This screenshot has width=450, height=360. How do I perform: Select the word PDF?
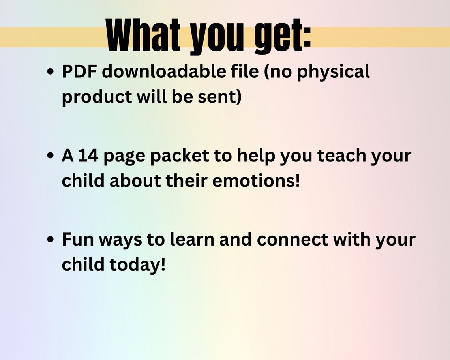pyautogui.click(x=80, y=72)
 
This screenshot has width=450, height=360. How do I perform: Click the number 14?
pyautogui.click(x=88, y=156)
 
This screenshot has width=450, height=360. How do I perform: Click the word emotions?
pyautogui.click(x=256, y=181)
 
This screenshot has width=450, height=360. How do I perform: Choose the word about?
pyautogui.click(x=135, y=181)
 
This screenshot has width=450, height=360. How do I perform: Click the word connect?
pyautogui.click(x=287, y=240)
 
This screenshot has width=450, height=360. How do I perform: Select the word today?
pyautogui.click(x=137, y=265)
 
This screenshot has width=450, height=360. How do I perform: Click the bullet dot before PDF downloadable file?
pyautogui.click(x=51, y=73)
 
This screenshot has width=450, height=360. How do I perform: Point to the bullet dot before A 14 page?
pyautogui.click(x=51, y=156)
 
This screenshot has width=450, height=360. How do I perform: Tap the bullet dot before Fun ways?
pyautogui.click(x=51, y=240)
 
